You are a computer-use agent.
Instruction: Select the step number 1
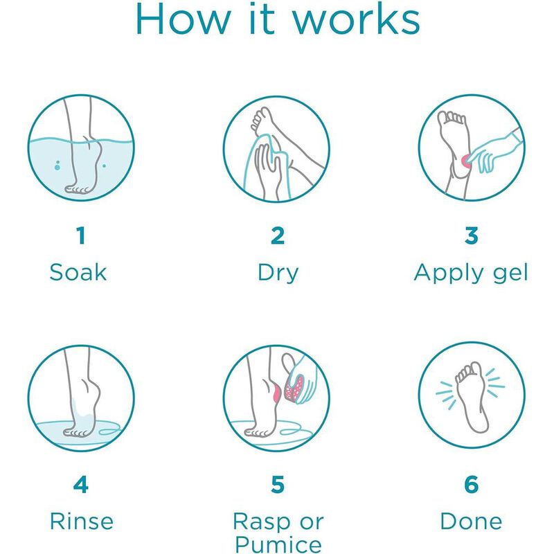(x=81, y=235)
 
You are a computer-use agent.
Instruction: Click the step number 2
(x=278, y=235)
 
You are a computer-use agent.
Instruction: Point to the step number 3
(x=472, y=235)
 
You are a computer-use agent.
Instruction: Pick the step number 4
(x=81, y=484)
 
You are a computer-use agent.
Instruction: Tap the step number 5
(x=278, y=484)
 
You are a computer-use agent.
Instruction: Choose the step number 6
(x=472, y=484)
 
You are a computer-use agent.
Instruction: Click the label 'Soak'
(x=78, y=272)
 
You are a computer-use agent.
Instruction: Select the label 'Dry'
(x=278, y=274)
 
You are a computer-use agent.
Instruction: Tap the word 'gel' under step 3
(x=510, y=274)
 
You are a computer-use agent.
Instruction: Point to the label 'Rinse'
(x=82, y=521)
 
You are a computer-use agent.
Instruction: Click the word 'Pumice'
(x=278, y=544)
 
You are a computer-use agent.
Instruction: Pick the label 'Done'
(x=472, y=521)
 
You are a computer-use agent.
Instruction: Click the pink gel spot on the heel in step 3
(x=466, y=161)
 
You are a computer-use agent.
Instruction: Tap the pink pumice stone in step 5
(x=295, y=388)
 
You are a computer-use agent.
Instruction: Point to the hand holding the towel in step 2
(x=267, y=169)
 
